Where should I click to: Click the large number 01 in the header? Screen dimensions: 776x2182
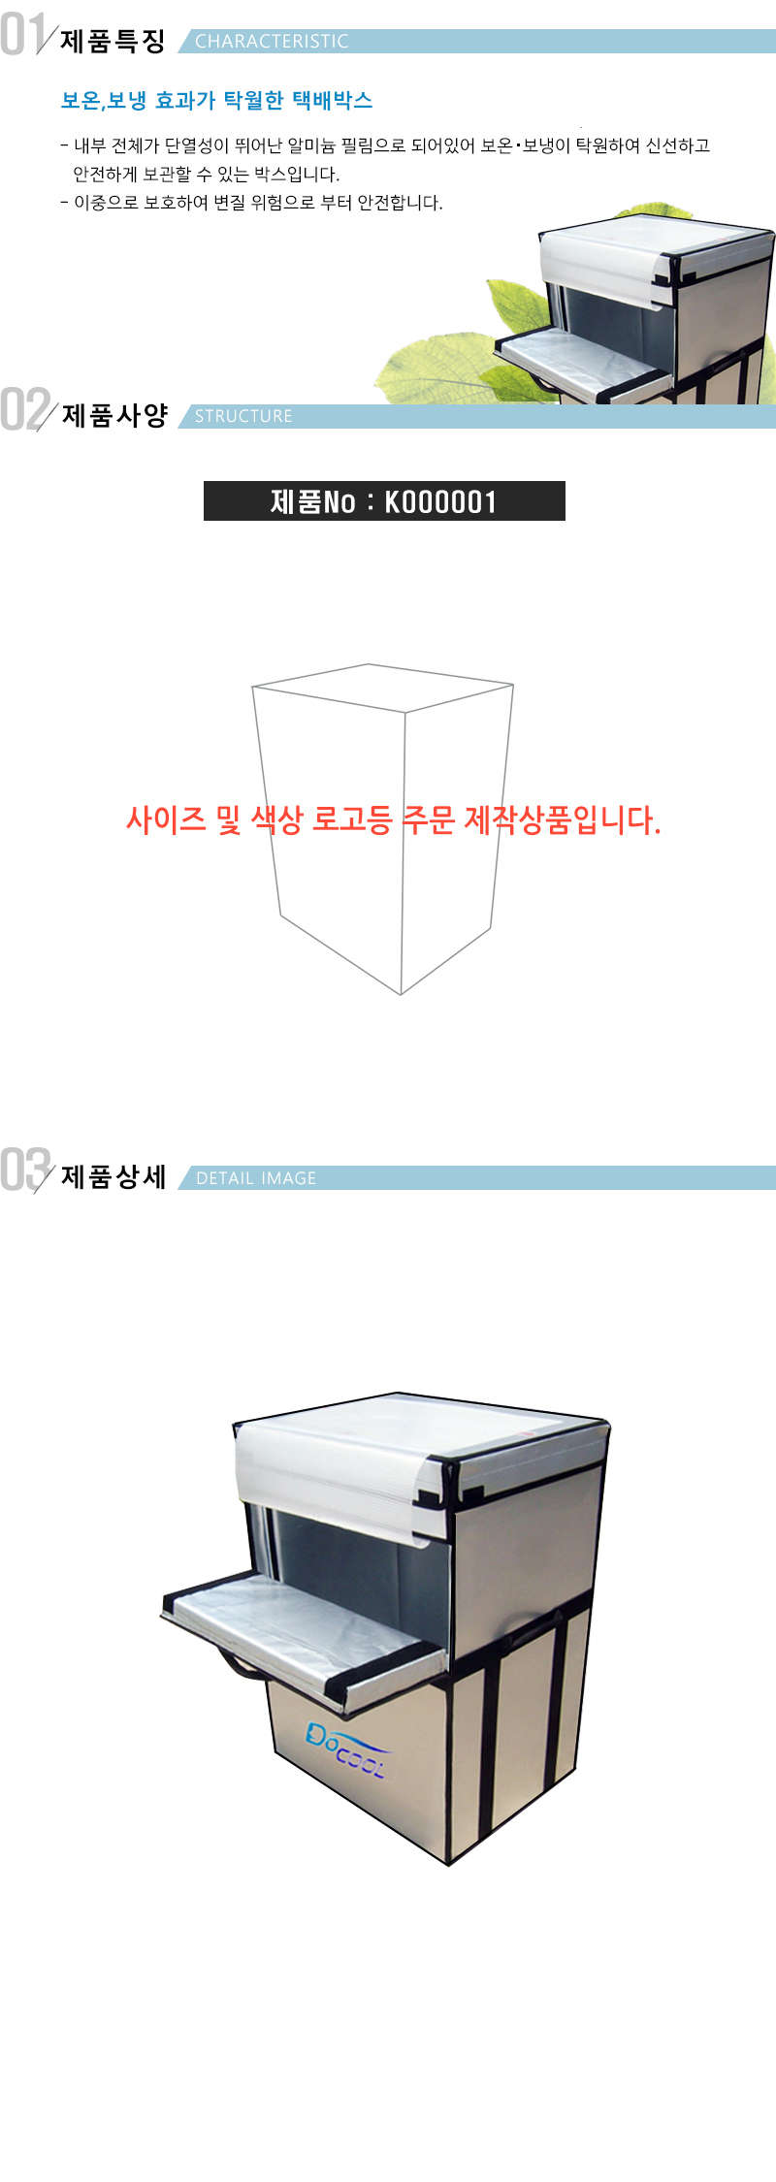click(x=23, y=34)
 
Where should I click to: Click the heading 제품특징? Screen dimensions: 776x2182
click(x=113, y=41)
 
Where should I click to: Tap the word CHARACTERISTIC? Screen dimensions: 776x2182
click(x=272, y=42)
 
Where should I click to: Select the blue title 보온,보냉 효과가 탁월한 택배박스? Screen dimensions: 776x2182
click(x=216, y=100)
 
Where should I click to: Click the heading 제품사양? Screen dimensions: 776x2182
click(x=114, y=415)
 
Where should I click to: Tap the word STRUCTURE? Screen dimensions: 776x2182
click(x=243, y=416)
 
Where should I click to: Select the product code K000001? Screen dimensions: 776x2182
click(x=441, y=501)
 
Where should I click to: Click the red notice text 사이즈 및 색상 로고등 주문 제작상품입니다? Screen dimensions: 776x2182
click(x=393, y=820)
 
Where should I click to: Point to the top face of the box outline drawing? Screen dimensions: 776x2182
click(x=383, y=688)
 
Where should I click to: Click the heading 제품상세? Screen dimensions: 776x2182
click(x=113, y=1176)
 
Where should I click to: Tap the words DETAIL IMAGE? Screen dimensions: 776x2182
click(x=256, y=1178)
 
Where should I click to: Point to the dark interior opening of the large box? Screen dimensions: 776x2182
click(x=359, y=1566)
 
